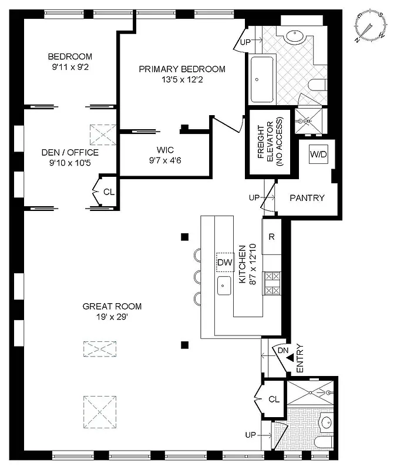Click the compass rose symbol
371,28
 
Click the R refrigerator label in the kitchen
272,237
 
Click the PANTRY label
307,198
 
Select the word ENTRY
300,358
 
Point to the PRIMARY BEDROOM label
181,69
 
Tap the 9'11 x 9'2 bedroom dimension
70,66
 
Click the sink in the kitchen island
224,286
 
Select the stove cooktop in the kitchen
272,283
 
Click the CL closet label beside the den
109,192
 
